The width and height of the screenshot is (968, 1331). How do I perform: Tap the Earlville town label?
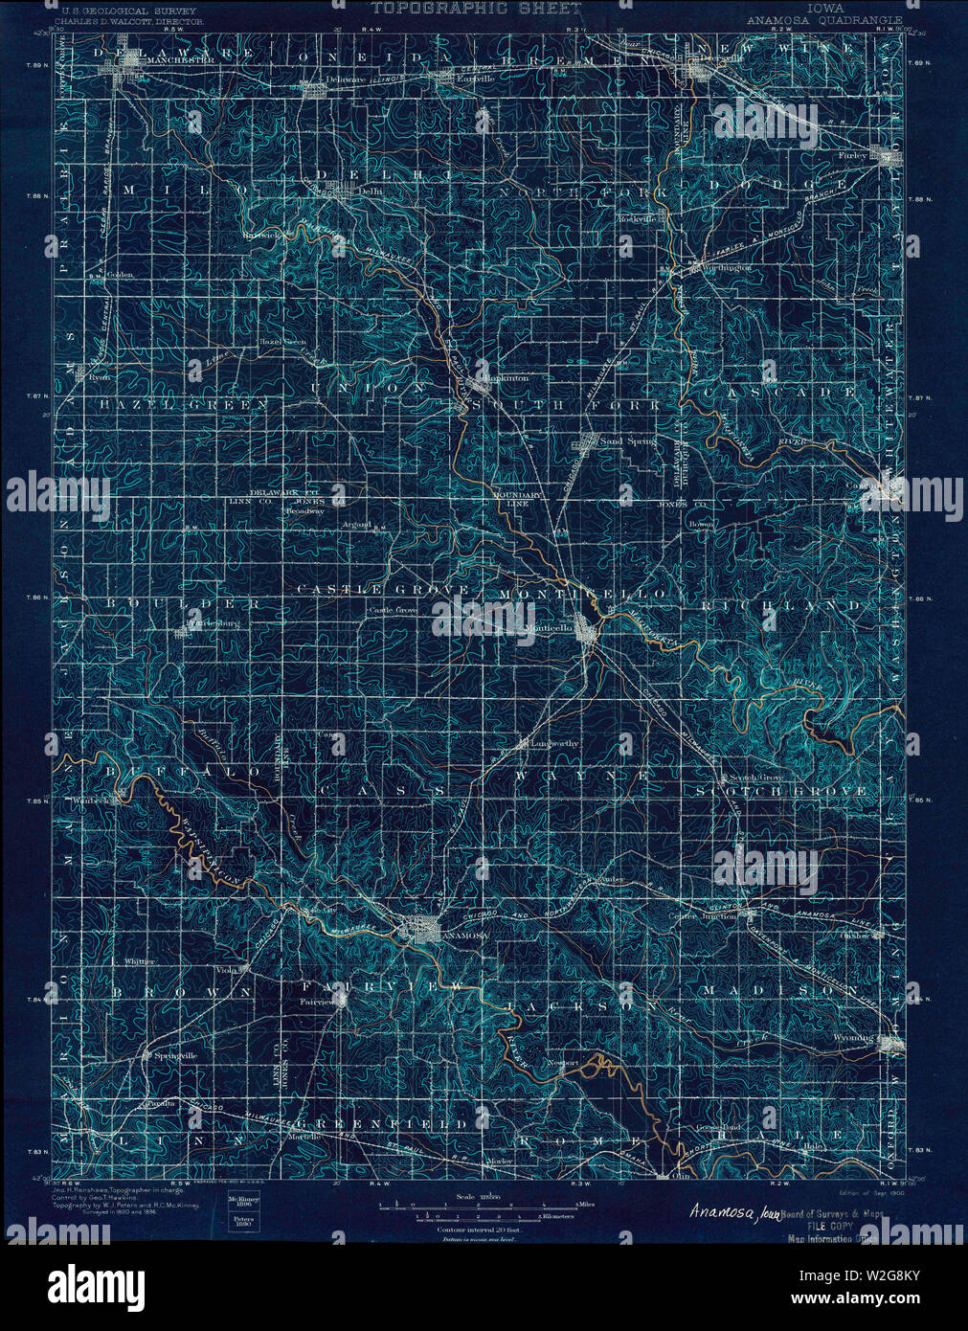[475, 79]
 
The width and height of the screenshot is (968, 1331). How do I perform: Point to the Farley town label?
[854, 155]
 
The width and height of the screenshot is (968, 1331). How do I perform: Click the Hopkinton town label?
[507, 379]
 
